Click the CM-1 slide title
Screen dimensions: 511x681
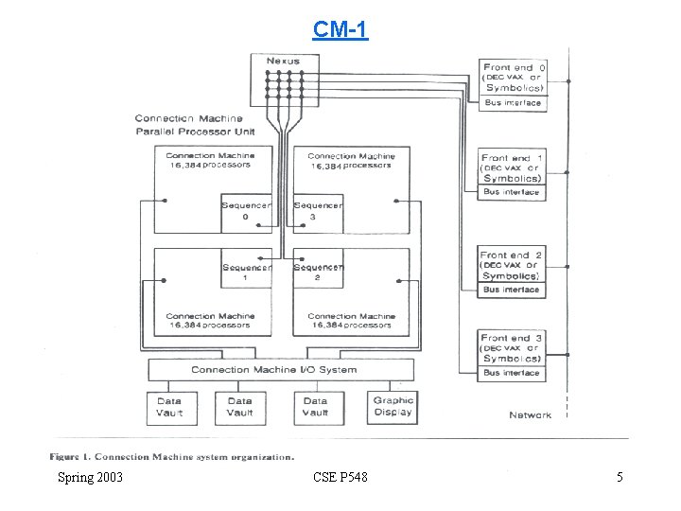click(340, 29)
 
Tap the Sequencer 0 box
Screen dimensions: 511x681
click(246, 212)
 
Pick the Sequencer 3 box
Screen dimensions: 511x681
click(317, 212)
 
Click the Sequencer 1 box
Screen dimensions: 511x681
click(246, 273)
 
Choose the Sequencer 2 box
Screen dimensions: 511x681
click(317, 273)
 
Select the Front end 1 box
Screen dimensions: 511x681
click(513, 167)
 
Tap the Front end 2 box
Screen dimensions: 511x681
click(513, 265)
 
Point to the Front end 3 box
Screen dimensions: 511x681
click(513, 347)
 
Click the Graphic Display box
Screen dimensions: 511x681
click(393, 406)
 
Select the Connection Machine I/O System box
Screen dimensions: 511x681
click(281, 369)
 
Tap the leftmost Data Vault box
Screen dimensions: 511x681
click(170, 407)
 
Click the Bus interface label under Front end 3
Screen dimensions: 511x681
click(513, 373)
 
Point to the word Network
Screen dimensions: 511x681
click(530, 415)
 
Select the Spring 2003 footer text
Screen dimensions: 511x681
click(90, 477)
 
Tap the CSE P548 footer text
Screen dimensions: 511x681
click(340, 477)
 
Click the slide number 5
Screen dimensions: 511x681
click(620, 477)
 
